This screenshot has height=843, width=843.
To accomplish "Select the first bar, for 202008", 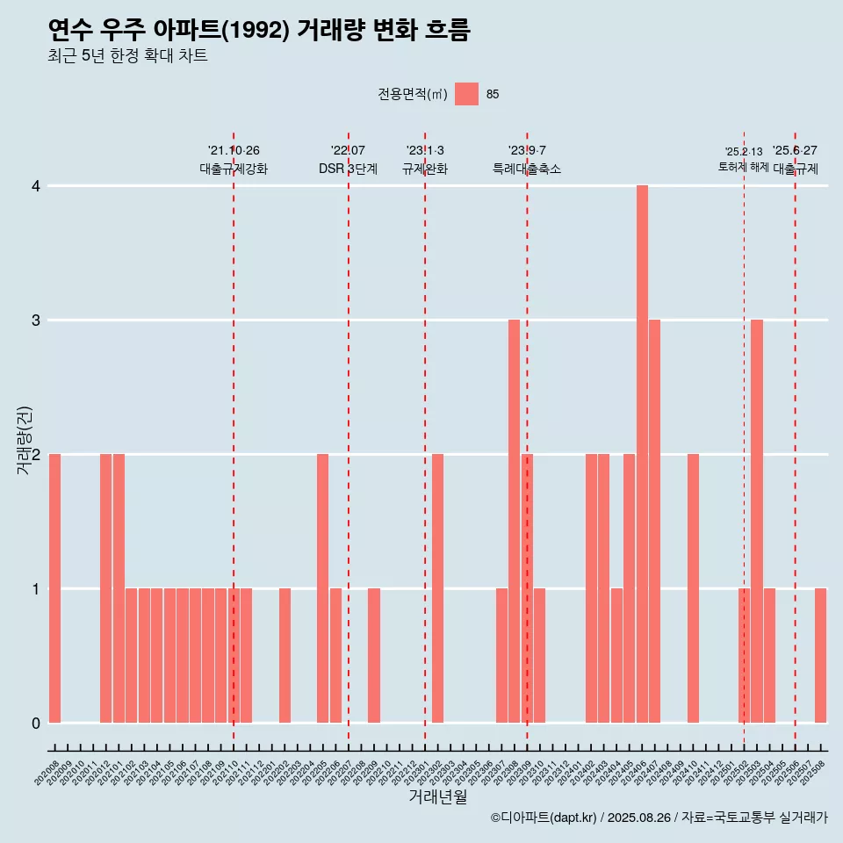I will pyautogui.click(x=54, y=588).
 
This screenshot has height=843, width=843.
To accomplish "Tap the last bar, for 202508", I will pyautogui.click(x=820, y=655).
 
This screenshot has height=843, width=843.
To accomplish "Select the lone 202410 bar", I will pyautogui.click(x=693, y=588).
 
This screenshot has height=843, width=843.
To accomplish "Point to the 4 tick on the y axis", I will pyautogui.click(x=36, y=186).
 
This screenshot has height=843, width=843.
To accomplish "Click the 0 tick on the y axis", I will pyautogui.click(x=36, y=724).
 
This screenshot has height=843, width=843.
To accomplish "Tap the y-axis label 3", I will pyautogui.click(x=36, y=321).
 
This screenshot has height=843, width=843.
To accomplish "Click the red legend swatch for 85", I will pyautogui.click(x=467, y=94).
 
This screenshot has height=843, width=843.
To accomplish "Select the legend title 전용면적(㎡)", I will pyautogui.click(x=413, y=95).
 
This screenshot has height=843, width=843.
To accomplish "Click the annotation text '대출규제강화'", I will pyautogui.click(x=234, y=169).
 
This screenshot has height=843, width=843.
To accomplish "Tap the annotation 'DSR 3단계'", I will pyautogui.click(x=348, y=169).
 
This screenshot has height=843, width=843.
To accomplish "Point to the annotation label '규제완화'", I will pyautogui.click(x=425, y=169).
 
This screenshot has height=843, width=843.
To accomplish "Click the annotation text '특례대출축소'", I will pyautogui.click(x=527, y=169).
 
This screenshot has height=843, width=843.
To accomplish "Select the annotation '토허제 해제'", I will pyautogui.click(x=743, y=167).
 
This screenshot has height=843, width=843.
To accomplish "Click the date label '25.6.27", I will pyautogui.click(x=795, y=151).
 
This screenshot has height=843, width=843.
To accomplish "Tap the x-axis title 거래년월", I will pyautogui.click(x=437, y=797).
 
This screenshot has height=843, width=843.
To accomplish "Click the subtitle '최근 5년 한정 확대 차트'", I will pyautogui.click(x=128, y=57).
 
